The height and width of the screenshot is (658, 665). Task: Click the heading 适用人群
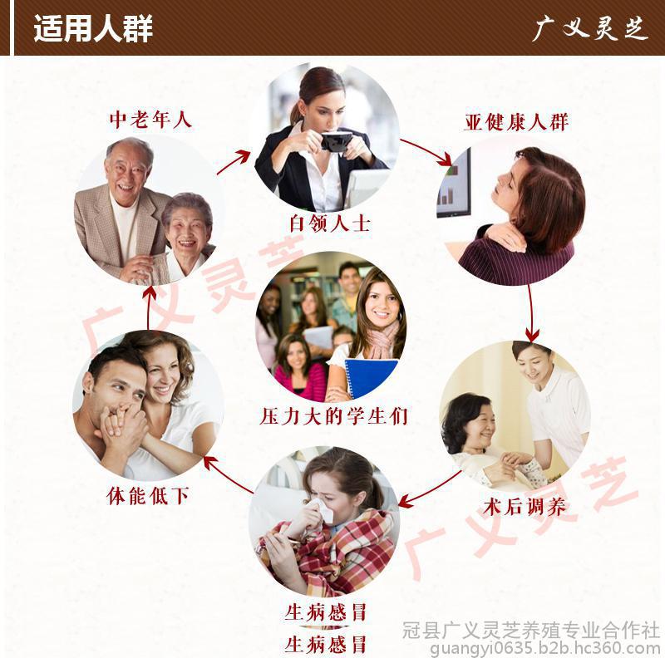pyautogui.click(x=93, y=28)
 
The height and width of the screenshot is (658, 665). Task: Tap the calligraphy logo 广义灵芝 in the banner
pyautogui.click(x=590, y=28)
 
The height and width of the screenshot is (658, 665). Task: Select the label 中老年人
pyautogui.click(x=150, y=120)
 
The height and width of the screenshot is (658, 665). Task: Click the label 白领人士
pyautogui.click(x=330, y=223)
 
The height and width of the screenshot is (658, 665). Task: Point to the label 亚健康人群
pyautogui.click(x=515, y=122)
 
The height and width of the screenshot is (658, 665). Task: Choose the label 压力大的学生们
pyautogui.click(x=333, y=416)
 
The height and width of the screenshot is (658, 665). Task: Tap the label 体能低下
pyautogui.click(x=148, y=496)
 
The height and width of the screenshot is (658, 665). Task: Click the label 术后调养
pyautogui.click(x=525, y=506)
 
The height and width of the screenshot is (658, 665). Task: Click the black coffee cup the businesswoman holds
pyautogui.click(x=337, y=141)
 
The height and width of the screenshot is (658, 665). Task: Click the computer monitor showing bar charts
pyautogui.click(x=454, y=184)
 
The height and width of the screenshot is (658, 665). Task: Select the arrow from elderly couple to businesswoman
pyautogui.click(x=234, y=161)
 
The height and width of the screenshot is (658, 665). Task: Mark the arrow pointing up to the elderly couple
pyautogui.click(x=149, y=307)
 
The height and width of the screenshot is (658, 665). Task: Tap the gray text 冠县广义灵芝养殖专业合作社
pyautogui.click(x=531, y=630)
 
